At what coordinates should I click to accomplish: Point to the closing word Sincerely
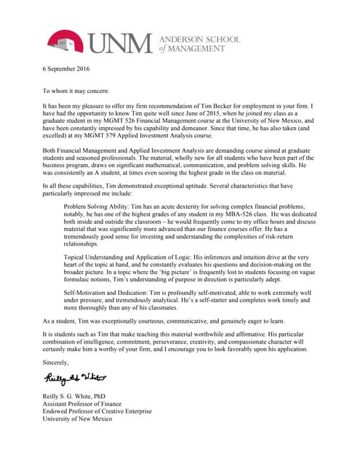click(x=56, y=362)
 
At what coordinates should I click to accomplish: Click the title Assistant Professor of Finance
click(x=82, y=403)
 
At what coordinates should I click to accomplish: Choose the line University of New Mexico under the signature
click(x=77, y=419)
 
